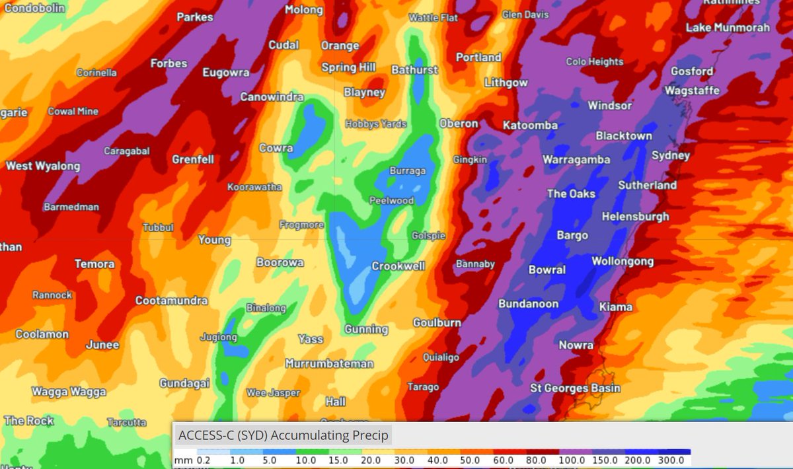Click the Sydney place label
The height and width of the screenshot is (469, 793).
(670, 156)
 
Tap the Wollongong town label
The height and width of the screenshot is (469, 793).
(622, 262)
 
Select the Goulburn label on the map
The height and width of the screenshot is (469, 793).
(437, 322)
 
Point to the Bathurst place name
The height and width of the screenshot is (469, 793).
(414, 69)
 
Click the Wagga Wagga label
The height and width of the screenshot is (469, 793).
(69, 392)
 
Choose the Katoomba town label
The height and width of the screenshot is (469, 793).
(530, 125)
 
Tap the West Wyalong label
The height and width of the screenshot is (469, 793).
(43, 166)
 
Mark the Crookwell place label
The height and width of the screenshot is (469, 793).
(398, 266)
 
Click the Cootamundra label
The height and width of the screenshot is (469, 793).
(171, 301)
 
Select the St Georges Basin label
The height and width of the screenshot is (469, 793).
(576, 388)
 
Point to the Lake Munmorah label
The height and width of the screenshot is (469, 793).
(728, 28)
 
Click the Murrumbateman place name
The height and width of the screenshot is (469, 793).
(329, 363)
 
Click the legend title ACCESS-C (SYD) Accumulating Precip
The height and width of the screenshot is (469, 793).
(283, 435)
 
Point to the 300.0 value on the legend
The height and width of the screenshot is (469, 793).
(673, 460)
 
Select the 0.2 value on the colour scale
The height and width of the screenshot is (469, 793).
(204, 460)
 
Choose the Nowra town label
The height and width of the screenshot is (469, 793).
(576, 345)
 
